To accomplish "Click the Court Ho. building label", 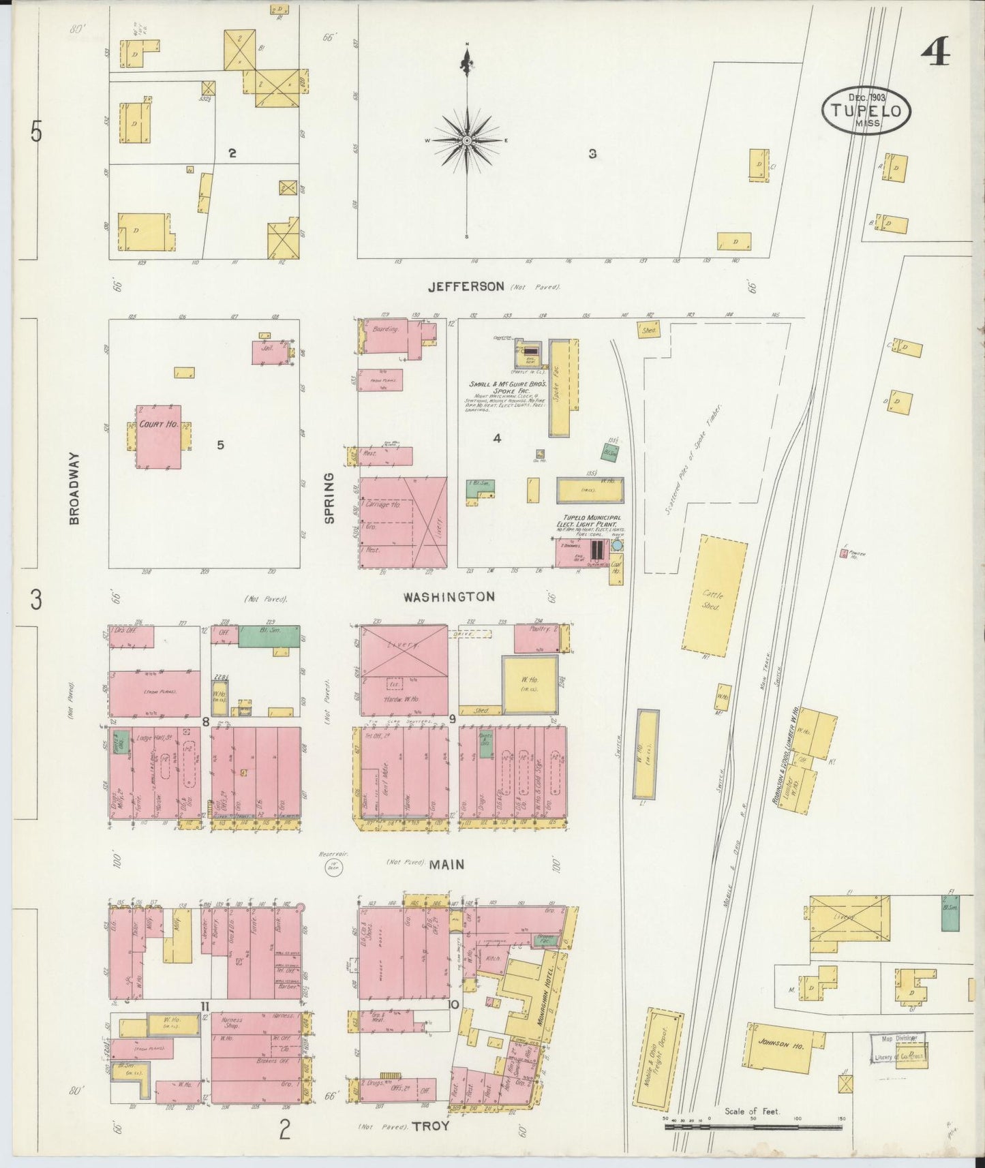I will (158, 424).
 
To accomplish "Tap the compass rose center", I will (468, 140).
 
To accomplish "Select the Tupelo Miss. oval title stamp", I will (866, 110).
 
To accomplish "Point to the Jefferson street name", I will (466, 287).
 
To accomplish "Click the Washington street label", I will (449, 597).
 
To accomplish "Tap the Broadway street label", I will (74, 488).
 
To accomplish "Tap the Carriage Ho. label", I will (382, 505).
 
